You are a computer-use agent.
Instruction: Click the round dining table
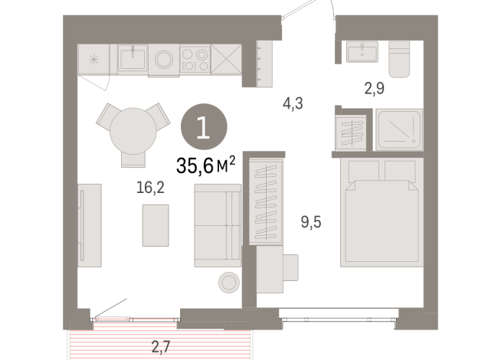pyautogui.click(x=132, y=131)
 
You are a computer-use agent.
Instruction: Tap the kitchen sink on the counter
pyautogui.click(x=133, y=58)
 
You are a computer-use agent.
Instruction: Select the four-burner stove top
pyautogui.click(x=195, y=59)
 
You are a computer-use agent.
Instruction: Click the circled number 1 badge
pyautogui.click(x=202, y=126)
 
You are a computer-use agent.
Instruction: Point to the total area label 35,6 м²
pyautogui.click(x=205, y=164)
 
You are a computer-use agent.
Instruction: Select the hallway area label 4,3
pyautogui.click(x=293, y=102)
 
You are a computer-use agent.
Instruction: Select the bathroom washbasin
pyautogui.click(x=361, y=54)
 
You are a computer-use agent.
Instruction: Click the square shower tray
pyautogui.click(x=398, y=129)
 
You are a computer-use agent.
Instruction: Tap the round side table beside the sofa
pyautogui.click(x=228, y=282)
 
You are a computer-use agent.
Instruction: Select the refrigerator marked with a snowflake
pyautogui.click(x=97, y=59)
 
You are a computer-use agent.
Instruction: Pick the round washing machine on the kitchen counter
pyautogui.click(x=164, y=59)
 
